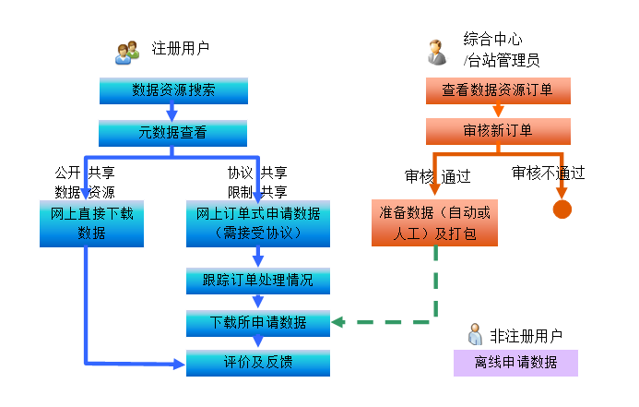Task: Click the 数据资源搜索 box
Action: click(x=173, y=90)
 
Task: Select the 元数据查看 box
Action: click(x=172, y=133)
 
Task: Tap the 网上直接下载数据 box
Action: click(x=91, y=223)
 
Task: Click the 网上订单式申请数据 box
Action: click(x=258, y=223)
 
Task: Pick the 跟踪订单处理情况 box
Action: click(x=258, y=281)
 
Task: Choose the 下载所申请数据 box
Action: click(x=258, y=323)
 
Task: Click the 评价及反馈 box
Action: click(x=258, y=363)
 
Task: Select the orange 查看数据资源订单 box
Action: click(x=498, y=90)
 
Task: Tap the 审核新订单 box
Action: click(x=498, y=131)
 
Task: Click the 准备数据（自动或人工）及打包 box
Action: click(x=434, y=222)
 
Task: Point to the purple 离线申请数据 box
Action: click(x=515, y=363)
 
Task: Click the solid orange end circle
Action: click(x=562, y=209)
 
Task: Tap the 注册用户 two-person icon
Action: click(x=127, y=53)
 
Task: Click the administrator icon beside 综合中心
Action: click(x=437, y=53)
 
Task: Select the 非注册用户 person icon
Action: click(x=475, y=334)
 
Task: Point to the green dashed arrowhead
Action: click(x=338, y=322)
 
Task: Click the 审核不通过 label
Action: click(x=548, y=173)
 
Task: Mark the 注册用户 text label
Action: click(x=181, y=49)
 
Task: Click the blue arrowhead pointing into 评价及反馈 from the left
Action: click(x=179, y=365)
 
